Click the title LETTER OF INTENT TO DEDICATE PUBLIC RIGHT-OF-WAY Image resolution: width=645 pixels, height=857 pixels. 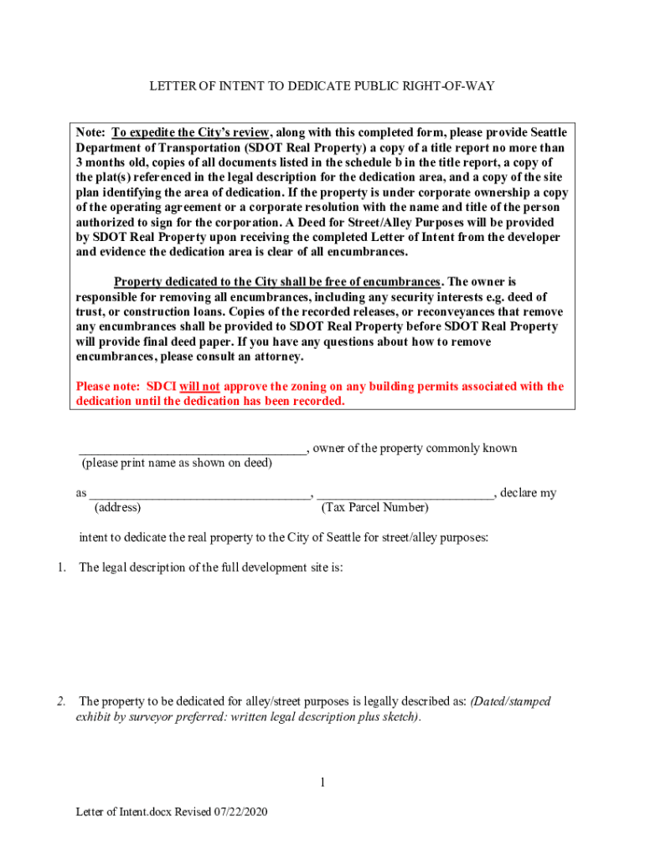(322, 86)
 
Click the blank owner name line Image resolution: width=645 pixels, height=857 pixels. (193, 450)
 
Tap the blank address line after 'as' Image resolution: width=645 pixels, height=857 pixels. (200, 495)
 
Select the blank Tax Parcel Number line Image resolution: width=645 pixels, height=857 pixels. (406, 495)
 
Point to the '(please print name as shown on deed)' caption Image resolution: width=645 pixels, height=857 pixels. (176, 463)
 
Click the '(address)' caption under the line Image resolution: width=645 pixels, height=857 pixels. (117, 508)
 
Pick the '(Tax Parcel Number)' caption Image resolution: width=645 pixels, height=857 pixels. (374, 508)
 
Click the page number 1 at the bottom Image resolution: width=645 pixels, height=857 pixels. (322, 783)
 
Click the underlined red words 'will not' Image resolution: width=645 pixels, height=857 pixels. (199, 387)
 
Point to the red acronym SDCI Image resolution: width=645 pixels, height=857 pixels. (160, 387)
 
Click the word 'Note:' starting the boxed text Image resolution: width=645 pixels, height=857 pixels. (90, 133)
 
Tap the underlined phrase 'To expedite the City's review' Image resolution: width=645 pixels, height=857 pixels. (191, 133)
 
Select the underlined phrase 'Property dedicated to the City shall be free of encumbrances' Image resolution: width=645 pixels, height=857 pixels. (277, 282)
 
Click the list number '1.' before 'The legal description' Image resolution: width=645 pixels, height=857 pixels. (61, 568)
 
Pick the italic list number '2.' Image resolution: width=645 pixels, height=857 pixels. (61, 701)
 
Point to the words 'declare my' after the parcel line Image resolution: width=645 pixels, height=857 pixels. (528, 494)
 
